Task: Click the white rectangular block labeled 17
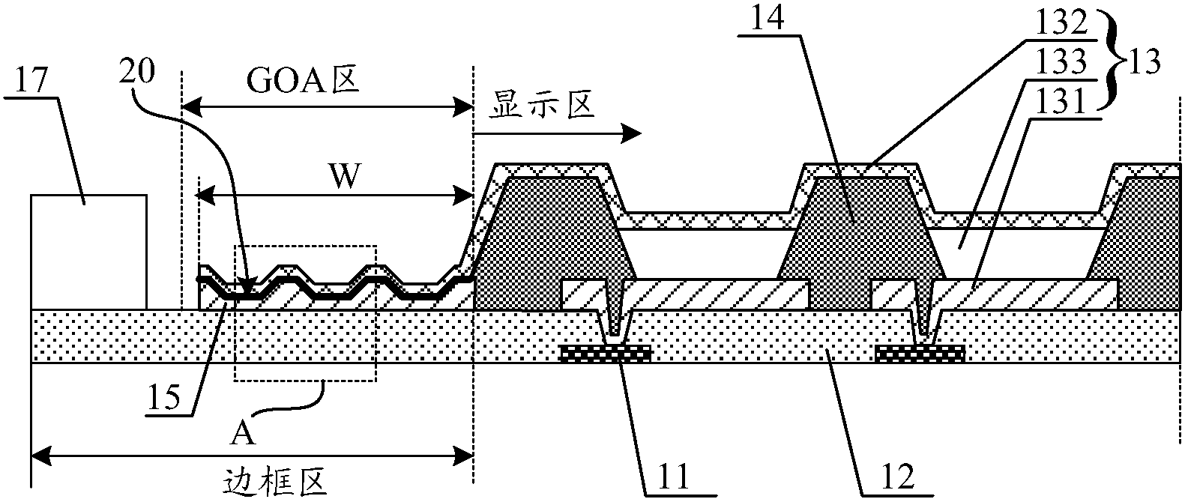point(88,251)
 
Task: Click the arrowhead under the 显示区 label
point(634,133)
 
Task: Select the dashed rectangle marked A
point(305,312)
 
